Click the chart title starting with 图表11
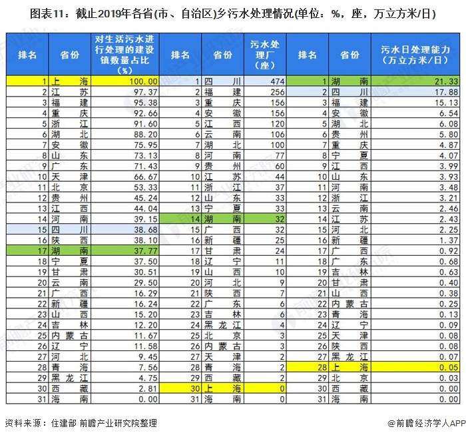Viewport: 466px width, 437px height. tap(232, 13)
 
